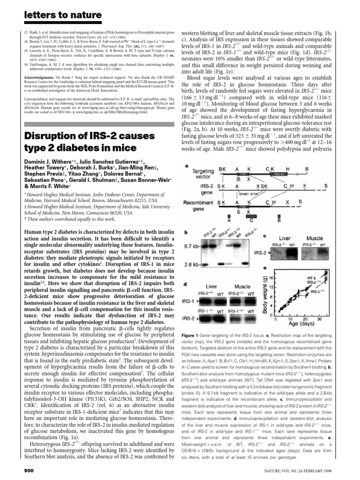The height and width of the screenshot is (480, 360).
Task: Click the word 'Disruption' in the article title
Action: click(48, 136)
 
